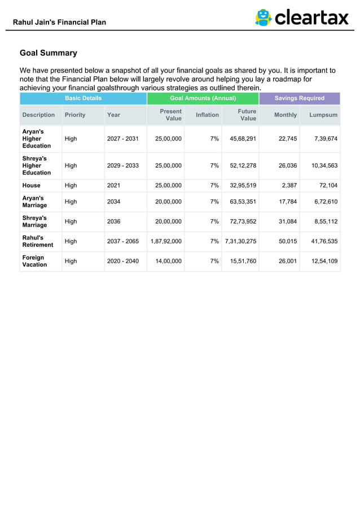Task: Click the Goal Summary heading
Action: [49, 53]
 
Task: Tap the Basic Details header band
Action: [83, 98]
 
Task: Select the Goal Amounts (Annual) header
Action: [203, 98]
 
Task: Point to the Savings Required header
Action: [299, 98]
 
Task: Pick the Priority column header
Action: [75, 115]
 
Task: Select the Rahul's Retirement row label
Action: [38, 241]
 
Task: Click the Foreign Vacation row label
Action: [34, 261]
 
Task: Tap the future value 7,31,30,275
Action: [240, 241]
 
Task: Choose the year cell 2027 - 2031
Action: [122, 138]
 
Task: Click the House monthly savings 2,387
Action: [288, 185]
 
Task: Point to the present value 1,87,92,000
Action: [166, 241]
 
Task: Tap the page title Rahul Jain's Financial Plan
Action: [59, 22]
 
